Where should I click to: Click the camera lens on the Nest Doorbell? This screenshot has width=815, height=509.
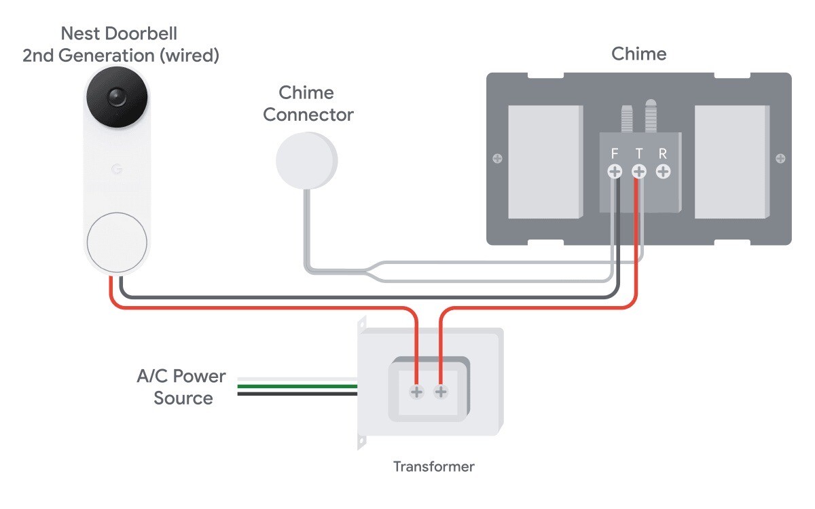[x=116, y=98]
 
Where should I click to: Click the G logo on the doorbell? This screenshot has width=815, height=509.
[x=116, y=168]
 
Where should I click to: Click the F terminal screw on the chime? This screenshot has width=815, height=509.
[x=615, y=172]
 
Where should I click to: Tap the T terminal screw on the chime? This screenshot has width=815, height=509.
[x=639, y=172]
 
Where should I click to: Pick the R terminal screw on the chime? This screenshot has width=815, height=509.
[x=663, y=172]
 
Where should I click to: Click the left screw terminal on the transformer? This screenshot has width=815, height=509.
[x=416, y=392]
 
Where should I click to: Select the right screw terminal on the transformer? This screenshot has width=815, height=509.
[x=441, y=392]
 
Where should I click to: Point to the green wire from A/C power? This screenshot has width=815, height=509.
[x=299, y=387]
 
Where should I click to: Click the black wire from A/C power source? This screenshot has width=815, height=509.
[x=299, y=394]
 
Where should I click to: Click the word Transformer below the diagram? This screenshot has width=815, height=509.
[x=433, y=466]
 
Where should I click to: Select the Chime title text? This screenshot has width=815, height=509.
[x=638, y=54]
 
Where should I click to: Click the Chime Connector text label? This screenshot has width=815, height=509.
[x=308, y=104]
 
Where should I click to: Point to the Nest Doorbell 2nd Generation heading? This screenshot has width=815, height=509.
[x=121, y=44]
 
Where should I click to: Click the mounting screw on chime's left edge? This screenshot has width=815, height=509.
[x=497, y=159]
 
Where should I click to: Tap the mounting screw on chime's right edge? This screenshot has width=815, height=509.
[x=780, y=159]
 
